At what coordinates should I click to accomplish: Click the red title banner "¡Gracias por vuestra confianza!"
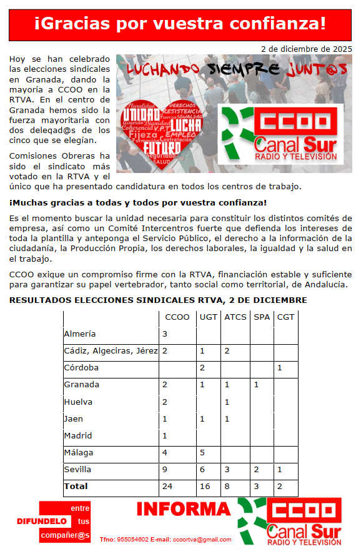180,24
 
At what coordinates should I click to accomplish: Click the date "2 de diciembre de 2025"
306,48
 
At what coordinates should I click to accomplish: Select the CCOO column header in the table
177,317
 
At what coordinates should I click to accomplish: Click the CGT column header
285,317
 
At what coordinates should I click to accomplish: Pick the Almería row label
80,334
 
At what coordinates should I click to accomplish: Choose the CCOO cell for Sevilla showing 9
165,469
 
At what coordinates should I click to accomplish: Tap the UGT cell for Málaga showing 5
202,452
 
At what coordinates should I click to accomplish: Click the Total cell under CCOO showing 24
167,486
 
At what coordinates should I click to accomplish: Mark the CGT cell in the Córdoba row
280,368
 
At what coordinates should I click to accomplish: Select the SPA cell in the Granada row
256,385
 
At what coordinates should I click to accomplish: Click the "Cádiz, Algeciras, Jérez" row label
111,351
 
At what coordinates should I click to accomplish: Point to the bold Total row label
76,486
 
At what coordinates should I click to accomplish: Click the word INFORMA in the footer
184,509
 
